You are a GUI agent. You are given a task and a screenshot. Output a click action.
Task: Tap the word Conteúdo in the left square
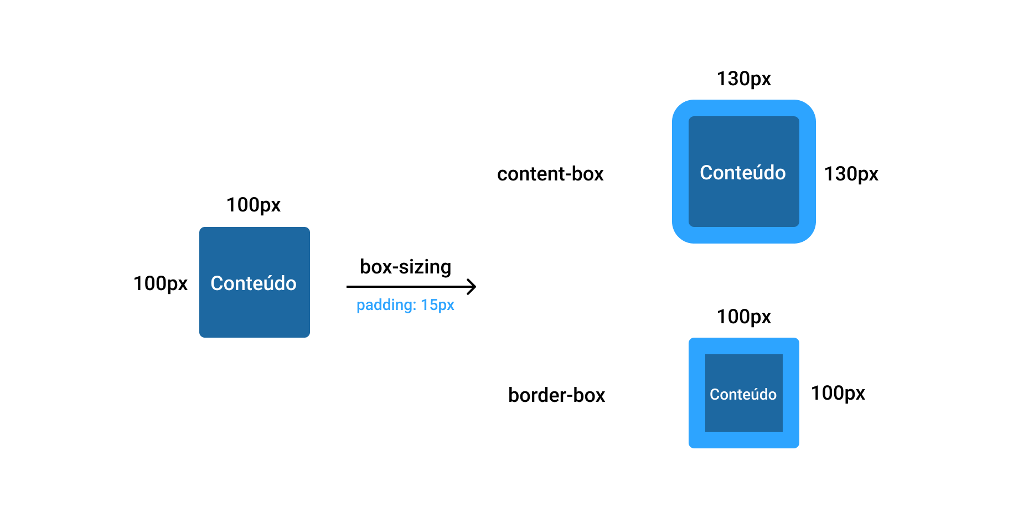coord(254,283)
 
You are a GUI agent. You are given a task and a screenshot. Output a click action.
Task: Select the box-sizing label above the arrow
coord(405,267)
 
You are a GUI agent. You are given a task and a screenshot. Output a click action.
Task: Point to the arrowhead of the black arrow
coord(473,287)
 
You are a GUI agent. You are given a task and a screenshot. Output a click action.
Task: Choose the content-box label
coord(550,174)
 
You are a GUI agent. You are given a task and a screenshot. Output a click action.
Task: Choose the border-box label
coord(556,395)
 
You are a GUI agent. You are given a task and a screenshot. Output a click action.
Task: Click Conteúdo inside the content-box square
coord(742,173)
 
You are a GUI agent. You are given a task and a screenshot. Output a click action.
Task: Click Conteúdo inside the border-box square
coord(743,394)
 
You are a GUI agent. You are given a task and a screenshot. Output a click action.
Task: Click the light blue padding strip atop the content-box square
coord(743,108)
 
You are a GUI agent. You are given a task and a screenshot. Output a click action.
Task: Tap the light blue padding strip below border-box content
coord(743,440)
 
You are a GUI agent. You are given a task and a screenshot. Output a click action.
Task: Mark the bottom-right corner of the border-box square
coord(797,446)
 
